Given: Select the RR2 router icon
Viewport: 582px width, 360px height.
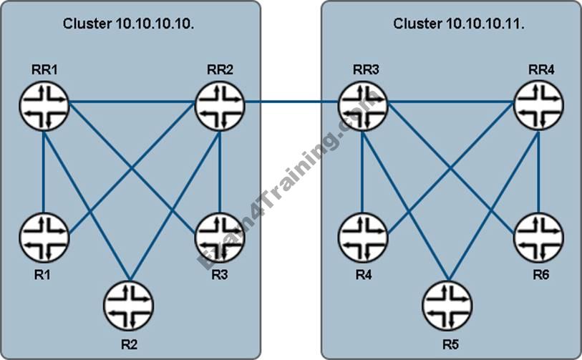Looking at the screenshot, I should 220,106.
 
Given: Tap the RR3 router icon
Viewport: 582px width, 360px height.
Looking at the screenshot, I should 362,106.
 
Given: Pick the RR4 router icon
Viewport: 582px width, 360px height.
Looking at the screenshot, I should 538,106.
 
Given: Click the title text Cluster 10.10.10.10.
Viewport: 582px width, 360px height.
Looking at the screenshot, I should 129,24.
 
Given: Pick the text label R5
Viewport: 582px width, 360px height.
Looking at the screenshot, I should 449,344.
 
